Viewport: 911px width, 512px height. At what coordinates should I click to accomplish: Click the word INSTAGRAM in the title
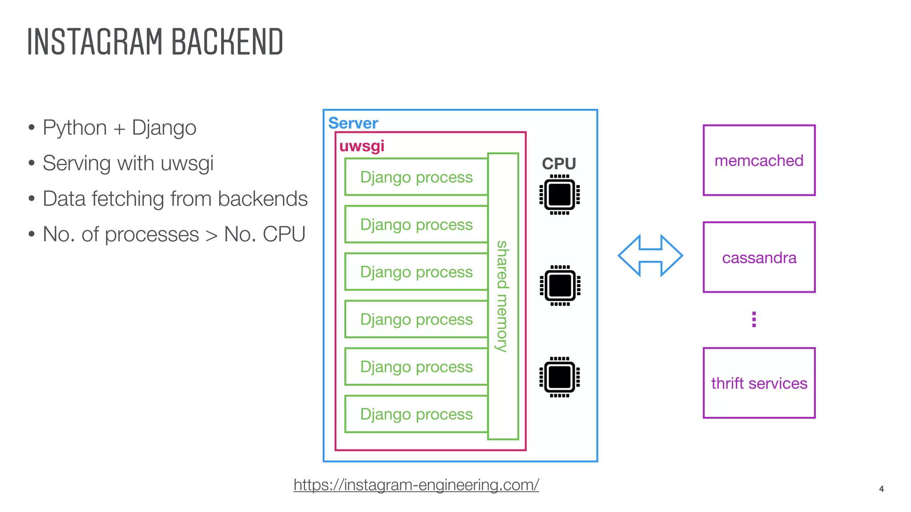[94, 42]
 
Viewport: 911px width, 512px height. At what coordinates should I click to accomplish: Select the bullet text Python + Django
[119, 128]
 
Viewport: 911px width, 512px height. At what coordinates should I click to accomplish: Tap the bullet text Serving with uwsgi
[128, 164]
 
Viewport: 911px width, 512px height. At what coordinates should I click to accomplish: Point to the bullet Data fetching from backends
[175, 199]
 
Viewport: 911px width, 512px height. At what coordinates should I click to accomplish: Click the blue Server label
[353, 123]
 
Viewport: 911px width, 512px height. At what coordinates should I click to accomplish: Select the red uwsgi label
[362, 146]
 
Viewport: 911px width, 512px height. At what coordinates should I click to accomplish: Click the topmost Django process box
[416, 177]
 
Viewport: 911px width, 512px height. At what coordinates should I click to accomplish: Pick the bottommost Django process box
[416, 414]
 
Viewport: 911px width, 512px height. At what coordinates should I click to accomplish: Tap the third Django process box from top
[416, 272]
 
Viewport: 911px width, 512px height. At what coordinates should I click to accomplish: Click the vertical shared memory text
[503, 296]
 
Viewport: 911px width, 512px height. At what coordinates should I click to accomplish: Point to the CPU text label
[559, 164]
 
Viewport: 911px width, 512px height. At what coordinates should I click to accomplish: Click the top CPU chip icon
[559, 195]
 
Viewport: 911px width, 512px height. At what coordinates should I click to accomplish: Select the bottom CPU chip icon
[559, 377]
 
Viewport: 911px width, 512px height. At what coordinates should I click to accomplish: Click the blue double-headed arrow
[650, 256]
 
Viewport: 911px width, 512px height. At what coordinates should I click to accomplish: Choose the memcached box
[759, 160]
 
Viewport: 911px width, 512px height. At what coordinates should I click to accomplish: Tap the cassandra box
[759, 257]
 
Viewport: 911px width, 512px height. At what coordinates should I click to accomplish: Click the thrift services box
[759, 383]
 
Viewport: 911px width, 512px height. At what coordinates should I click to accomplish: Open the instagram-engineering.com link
[416, 484]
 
